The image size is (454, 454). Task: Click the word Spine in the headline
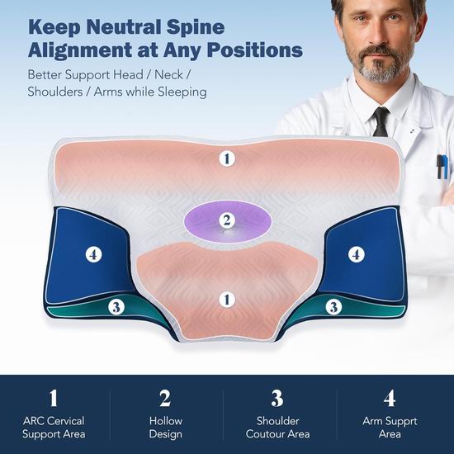[196, 28]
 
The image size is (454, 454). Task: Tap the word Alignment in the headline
[80, 50]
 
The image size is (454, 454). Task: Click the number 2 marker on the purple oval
[227, 220]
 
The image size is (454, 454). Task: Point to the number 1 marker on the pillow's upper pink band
[227, 158]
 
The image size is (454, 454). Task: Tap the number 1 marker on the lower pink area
[227, 300]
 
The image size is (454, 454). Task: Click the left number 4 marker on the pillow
[93, 255]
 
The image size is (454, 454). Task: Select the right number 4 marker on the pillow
[356, 255]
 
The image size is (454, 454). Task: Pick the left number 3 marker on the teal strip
[116, 307]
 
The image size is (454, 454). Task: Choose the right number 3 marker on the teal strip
[333, 307]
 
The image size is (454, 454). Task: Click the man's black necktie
[381, 121]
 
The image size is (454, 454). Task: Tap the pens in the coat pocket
[442, 167]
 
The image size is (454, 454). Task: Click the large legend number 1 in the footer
[54, 398]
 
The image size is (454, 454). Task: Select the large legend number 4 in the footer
[390, 398]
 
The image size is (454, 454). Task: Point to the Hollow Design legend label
[166, 428]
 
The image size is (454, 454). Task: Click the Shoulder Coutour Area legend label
[277, 428]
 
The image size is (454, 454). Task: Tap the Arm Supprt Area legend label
[390, 428]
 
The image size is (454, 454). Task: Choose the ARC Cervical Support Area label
[54, 428]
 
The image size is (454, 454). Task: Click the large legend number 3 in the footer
[277, 398]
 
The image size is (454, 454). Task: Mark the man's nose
[376, 33]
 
